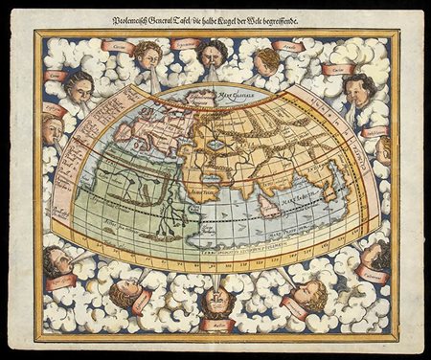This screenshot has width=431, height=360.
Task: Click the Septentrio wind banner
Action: (187, 44)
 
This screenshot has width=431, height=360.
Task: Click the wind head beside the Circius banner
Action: (146, 53)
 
